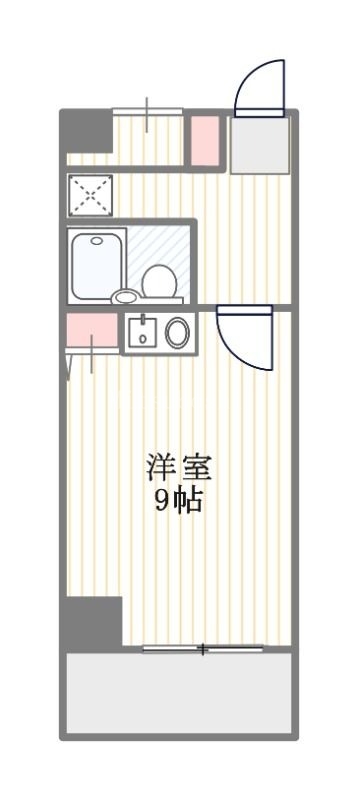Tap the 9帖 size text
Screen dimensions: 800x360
(x=179, y=501)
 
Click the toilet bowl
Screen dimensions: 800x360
(x=160, y=279)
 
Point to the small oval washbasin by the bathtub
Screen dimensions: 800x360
(x=126, y=296)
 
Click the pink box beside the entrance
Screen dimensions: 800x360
(x=205, y=139)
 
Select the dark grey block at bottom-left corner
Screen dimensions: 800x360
(x=92, y=620)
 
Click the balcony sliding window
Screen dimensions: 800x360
(x=203, y=649)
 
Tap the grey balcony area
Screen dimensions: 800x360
(x=180, y=693)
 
